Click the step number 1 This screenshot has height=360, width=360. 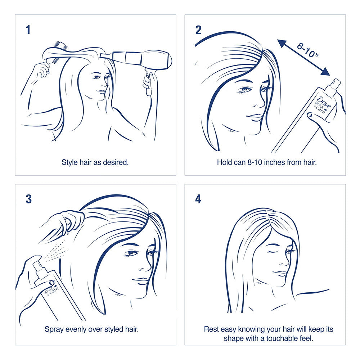click(28, 30)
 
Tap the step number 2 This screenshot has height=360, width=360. click(198, 30)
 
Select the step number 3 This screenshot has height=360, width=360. click(29, 199)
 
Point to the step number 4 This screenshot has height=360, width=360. click(198, 199)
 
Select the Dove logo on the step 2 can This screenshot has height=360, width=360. click(324, 103)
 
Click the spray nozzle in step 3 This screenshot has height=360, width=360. click(37, 266)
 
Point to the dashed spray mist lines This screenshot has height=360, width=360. click(55, 251)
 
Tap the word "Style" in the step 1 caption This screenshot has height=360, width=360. click(69, 162)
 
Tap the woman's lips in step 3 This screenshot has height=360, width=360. click(140, 280)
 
